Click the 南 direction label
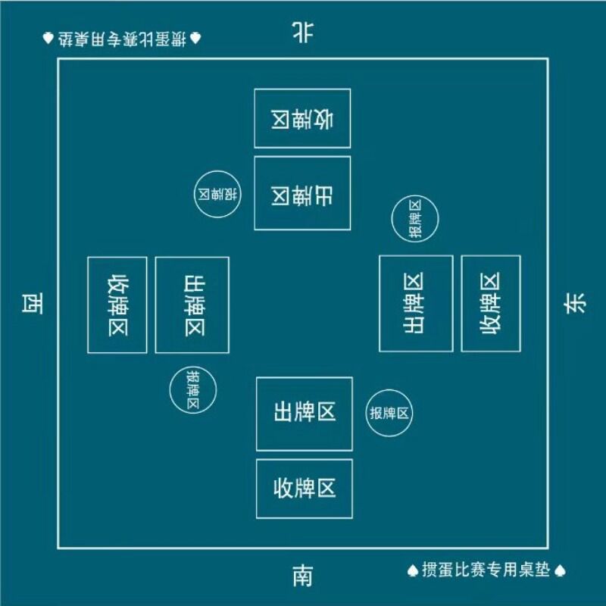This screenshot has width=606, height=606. click(x=302, y=577)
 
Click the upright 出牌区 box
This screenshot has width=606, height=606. click(x=304, y=414)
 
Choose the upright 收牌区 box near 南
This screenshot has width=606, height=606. click(x=304, y=489)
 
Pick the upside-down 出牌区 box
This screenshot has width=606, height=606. click(x=302, y=193)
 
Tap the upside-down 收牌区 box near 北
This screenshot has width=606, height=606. click(x=302, y=118)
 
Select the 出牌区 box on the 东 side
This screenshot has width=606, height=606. click(x=416, y=303)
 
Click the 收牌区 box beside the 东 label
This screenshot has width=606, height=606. click(x=491, y=303)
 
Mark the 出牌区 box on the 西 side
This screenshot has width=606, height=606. click(x=192, y=305)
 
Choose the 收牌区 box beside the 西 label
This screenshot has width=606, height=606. click(x=117, y=305)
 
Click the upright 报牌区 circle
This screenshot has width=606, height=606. click(x=389, y=414)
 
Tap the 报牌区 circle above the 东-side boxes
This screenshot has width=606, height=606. click(x=414, y=219)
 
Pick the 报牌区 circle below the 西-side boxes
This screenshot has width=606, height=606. click(x=193, y=389)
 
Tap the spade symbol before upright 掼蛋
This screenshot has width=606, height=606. click(x=413, y=570)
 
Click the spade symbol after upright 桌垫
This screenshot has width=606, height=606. click(x=561, y=570)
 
